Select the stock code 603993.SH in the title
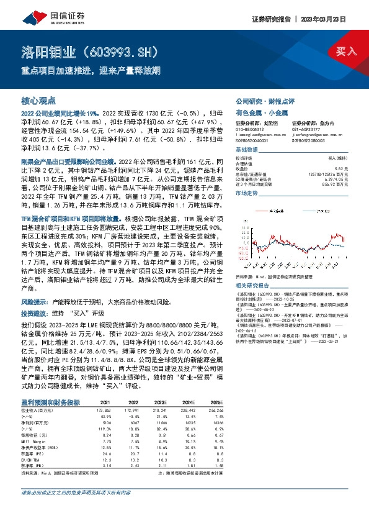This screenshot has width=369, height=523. (x=130, y=50)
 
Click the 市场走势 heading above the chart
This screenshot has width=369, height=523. (x=246, y=194)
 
